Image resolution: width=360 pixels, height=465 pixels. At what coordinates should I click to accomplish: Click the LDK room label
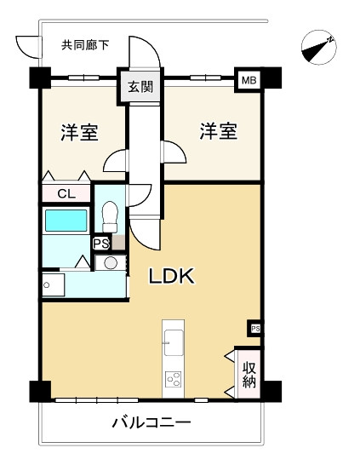(x=173, y=276)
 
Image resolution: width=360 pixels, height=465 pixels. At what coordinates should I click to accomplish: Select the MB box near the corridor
(x=249, y=80)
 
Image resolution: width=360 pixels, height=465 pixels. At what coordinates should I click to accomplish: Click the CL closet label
(x=66, y=193)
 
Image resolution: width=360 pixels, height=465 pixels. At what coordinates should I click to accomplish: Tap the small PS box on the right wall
(x=254, y=329)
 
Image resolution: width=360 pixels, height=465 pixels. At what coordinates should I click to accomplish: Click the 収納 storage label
(x=249, y=374)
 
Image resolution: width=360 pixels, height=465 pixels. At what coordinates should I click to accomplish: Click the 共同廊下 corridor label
(x=85, y=45)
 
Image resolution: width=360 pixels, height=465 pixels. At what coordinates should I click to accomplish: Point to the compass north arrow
(x=319, y=47)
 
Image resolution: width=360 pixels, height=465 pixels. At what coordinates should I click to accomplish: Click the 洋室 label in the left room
(x=78, y=133)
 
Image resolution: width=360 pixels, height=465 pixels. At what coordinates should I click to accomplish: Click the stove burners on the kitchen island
(x=173, y=378)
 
